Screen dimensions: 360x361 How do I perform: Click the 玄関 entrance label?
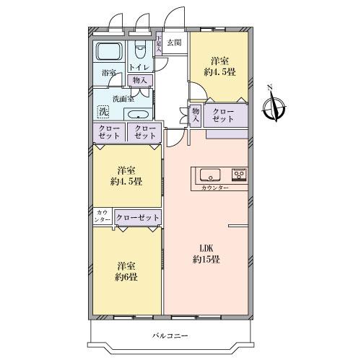[x=174, y=43]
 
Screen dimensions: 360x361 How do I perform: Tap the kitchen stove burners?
[x=238, y=175]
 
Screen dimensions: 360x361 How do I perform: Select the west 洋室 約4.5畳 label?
[x=126, y=175]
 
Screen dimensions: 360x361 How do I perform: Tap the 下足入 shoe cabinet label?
[x=159, y=43]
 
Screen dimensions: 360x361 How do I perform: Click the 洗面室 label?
[x=123, y=98]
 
